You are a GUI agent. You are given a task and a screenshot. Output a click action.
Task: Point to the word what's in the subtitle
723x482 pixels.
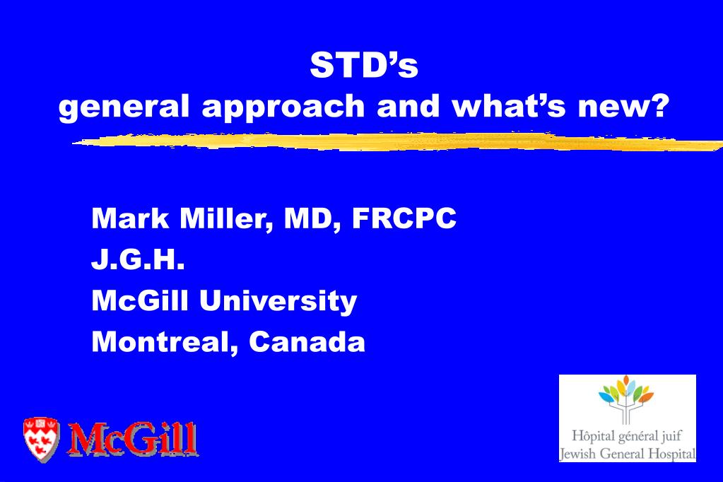point(509,105)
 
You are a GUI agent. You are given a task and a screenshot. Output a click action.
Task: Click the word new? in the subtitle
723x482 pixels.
point(623,106)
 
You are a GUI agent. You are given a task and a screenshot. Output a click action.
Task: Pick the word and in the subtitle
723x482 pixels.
point(408,105)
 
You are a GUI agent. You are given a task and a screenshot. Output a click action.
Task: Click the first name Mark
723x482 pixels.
point(130,218)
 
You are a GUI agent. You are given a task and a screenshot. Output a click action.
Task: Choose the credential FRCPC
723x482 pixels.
point(404,218)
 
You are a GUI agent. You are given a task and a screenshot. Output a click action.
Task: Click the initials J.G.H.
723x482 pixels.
point(138,259)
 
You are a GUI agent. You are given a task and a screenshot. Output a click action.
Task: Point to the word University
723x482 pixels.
point(278,302)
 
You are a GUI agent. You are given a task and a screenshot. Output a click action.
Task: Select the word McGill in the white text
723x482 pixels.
point(140,301)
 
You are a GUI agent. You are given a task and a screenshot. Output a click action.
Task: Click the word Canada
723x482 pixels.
point(307,342)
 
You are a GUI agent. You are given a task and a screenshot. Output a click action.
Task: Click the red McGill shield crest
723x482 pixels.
point(41,439)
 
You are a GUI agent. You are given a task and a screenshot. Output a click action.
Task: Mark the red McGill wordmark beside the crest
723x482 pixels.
point(133,439)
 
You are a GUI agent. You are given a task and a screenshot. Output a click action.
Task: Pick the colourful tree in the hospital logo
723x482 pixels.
point(625,399)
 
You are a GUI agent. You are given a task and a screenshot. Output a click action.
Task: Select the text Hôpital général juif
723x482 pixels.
point(626,436)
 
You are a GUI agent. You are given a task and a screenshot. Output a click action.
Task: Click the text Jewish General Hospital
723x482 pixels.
point(627,454)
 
